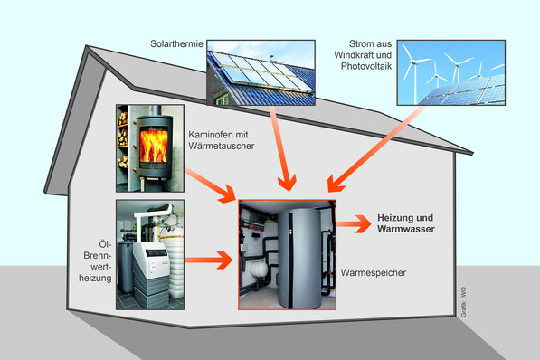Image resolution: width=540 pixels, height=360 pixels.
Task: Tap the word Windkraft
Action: point(370,56)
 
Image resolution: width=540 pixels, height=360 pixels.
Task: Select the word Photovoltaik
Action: point(371,69)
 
